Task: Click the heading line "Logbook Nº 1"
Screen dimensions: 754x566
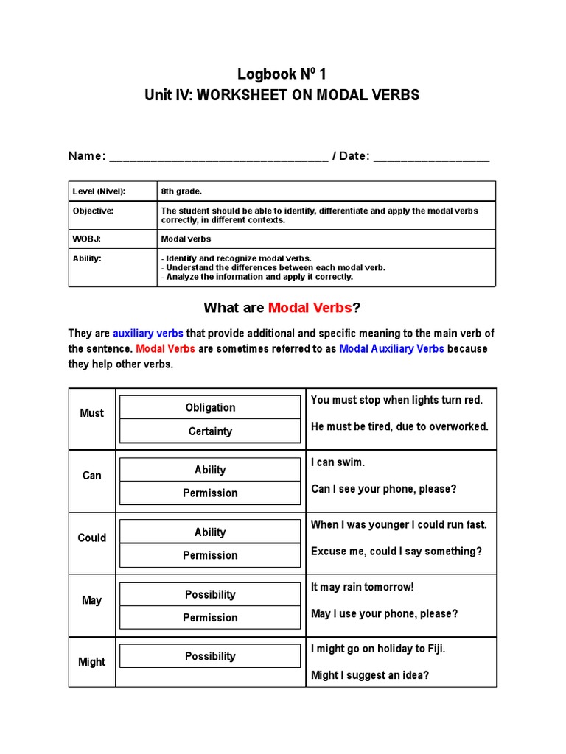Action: (x=282, y=74)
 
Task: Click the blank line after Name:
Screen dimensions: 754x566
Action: (x=218, y=158)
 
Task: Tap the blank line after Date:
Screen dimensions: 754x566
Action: (x=431, y=158)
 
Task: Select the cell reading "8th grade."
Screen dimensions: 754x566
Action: (x=181, y=191)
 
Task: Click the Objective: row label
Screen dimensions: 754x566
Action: (x=93, y=211)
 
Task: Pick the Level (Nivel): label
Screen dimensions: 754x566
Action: (x=99, y=191)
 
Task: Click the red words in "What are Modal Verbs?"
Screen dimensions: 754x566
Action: (x=310, y=308)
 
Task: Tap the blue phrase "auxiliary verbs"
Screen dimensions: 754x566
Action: (x=148, y=334)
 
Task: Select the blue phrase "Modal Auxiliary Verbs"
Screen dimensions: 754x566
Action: (x=391, y=349)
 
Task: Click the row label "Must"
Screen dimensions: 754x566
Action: (x=91, y=413)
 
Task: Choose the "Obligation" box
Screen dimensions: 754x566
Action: (x=210, y=407)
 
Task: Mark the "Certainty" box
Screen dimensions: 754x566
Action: (x=210, y=431)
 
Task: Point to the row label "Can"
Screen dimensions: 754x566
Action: (x=91, y=476)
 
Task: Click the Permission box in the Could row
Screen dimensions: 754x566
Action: (x=210, y=556)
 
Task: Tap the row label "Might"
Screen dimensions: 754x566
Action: (x=91, y=662)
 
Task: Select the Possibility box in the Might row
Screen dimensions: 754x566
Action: (x=210, y=656)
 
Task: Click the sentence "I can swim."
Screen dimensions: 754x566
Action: (x=338, y=462)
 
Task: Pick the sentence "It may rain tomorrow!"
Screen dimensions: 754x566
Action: (x=362, y=588)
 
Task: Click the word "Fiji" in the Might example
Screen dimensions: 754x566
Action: (x=433, y=649)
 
